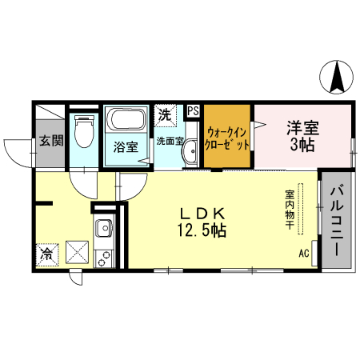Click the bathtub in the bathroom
coord(125,122)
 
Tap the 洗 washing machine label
coord(165,114)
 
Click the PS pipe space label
coord(193,111)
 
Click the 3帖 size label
coord(302,145)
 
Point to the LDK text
coord(206,214)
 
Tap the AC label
coord(304,254)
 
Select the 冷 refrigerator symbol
coord(46,255)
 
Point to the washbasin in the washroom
coord(190,155)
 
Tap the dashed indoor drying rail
coord(302,212)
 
